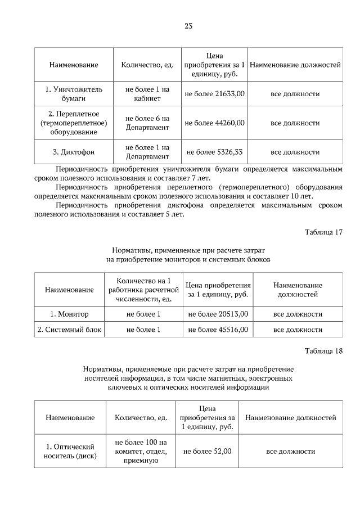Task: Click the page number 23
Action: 188,25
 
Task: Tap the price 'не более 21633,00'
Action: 214,94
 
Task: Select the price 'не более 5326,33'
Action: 214,152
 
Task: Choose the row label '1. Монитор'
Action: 69,314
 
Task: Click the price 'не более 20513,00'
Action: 218,314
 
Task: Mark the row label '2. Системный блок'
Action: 69,330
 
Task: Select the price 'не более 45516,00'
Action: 218,330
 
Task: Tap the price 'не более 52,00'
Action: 207,451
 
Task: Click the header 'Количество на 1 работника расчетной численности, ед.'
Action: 143,290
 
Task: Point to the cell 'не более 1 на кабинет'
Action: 147,94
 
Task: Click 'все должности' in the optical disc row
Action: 291,451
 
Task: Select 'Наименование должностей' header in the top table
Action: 295,65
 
